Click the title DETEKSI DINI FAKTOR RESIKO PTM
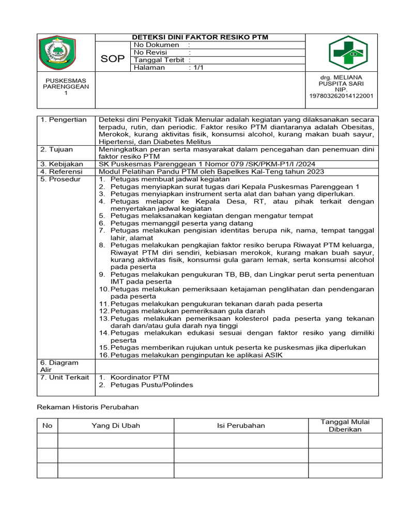click(201, 37)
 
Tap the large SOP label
click(113, 59)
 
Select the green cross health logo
click(347, 53)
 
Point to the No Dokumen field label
click(156, 45)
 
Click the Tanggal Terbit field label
click(160, 60)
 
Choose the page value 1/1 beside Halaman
click(197, 68)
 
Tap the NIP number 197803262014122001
click(341, 96)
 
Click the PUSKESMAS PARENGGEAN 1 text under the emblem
click(66, 87)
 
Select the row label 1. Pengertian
click(64, 120)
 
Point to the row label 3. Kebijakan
click(62, 164)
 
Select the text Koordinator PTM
click(140, 378)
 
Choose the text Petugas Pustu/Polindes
click(151, 385)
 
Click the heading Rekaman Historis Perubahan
click(88, 407)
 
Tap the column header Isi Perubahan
click(240, 426)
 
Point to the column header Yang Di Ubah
click(115, 426)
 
